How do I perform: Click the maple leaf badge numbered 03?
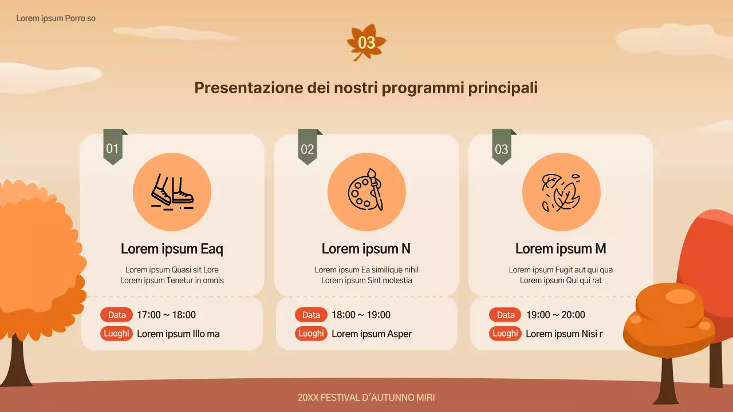coord(366,42)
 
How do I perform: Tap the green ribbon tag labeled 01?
coord(113,148)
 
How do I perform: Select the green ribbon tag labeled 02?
coord(308,148)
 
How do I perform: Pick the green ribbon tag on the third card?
coord(502,148)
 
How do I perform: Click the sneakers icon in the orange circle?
coord(172,192)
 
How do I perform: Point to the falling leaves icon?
coord(561,192)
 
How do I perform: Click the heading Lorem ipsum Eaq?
coord(172,249)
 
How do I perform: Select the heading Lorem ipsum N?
coord(366,249)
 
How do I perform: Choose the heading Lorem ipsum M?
coord(561,249)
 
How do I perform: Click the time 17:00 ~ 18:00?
coord(166,315)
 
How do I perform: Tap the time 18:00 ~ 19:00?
coord(361,315)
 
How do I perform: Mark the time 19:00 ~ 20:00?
coord(555,315)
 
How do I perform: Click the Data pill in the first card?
coord(117,315)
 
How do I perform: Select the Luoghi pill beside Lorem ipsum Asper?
coord(311,334)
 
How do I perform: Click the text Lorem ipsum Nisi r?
coord(564,334)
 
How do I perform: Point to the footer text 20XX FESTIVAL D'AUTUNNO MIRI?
coord(370,397)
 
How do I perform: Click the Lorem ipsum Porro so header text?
coord(56,18)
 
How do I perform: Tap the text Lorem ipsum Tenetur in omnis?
coord(172,280)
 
